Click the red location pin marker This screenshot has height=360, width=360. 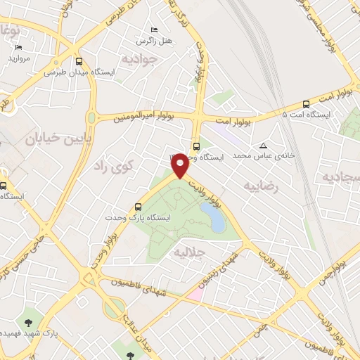pyautogui.click(x=180, y=165)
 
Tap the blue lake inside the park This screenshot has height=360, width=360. pyautogui.click(x=214, y=217)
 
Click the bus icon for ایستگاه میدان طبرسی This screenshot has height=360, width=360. pyautogui.click(x=79, y=61)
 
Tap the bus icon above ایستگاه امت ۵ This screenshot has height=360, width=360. pyautogui.click(x=305, y=103)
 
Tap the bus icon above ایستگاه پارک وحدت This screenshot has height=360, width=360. pyautogui.click(x=138, y=207)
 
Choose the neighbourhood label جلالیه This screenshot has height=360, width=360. pyautogui.click(x=188, y=250)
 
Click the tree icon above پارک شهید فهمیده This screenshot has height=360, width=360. pyautogui.click(x=28, y=322)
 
